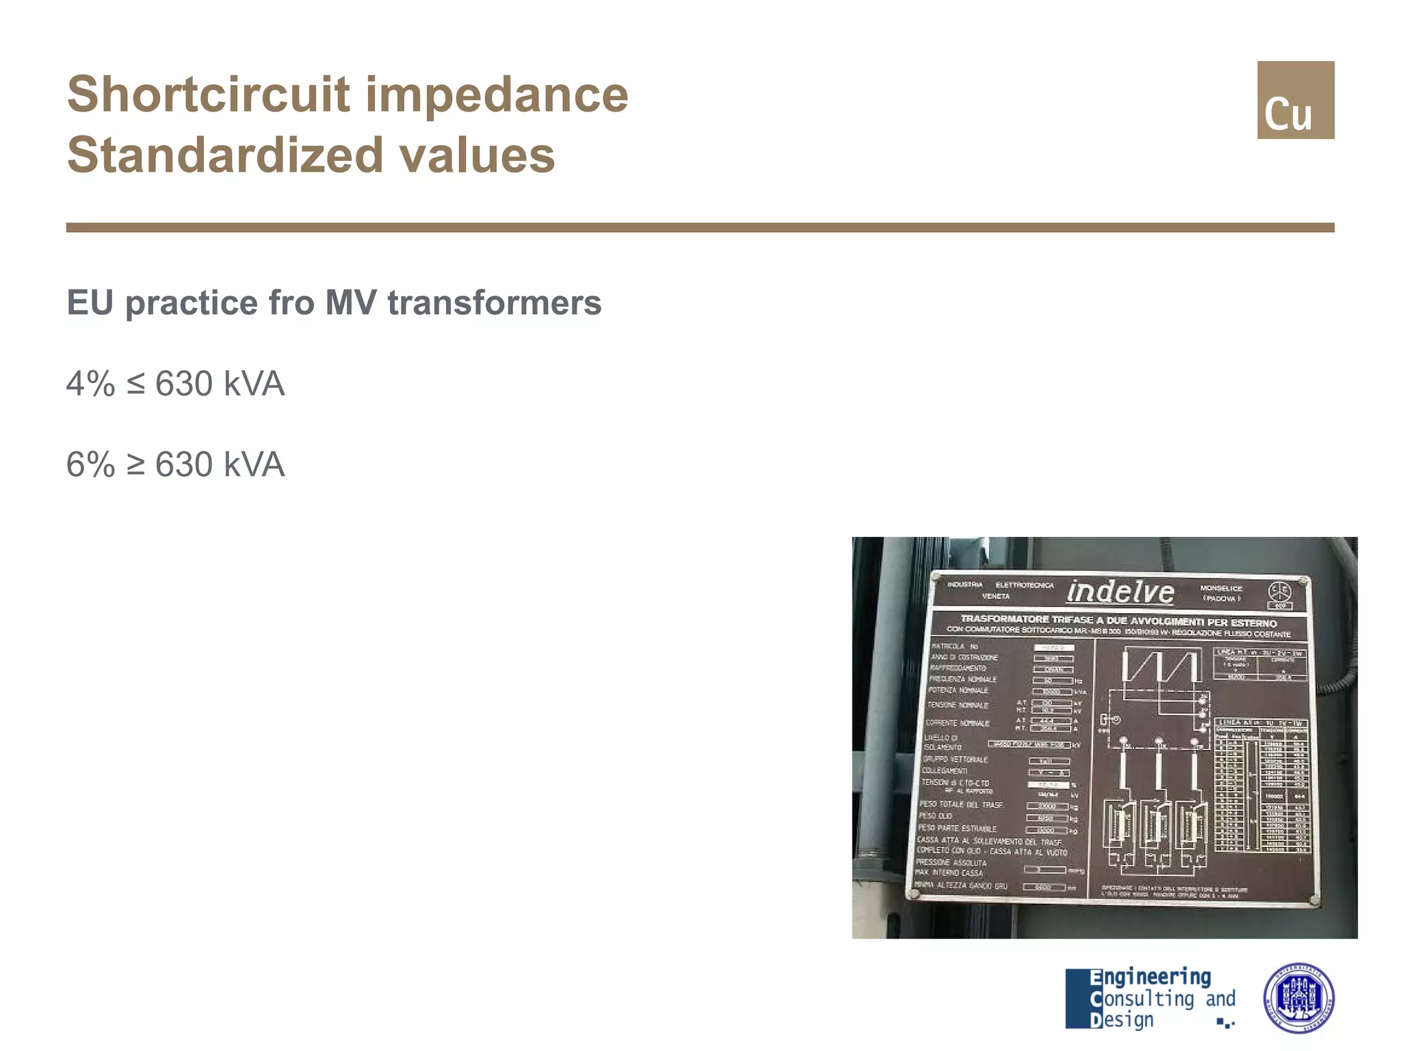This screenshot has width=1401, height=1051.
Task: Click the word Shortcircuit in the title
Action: pyautogui.click(x=209, y=94)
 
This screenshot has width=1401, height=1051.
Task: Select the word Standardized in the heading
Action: pyautogui.click(x=226, y=155)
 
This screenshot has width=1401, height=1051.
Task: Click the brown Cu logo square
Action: pyautogui.click(x=1295, y=100)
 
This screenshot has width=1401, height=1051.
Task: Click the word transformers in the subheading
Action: pyautogui.click(x=494, y=302)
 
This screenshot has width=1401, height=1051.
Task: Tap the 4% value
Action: pyautogui.click(x=90, y=384)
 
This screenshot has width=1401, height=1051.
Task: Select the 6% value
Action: pyautogui.click(x=90, y=465)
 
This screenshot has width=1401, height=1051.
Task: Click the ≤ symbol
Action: pyautogui.click(x=135, y=384)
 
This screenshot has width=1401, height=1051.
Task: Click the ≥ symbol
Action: pyautogui.click(x=135, y=465)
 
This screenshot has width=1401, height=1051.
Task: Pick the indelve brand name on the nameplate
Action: pyautogui.click(x=1121, y=592)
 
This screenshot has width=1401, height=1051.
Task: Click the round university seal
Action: pyautogui.click(x=1298, y=998)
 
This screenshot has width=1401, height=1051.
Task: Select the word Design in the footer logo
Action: pyautogui.click(x=1122, y=1020)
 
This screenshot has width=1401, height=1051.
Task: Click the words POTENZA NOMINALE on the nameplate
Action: pyautogui.click(x=958, y=690)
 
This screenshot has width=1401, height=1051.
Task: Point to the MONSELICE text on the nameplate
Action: pyautogui.click(x=1221, y=588)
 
